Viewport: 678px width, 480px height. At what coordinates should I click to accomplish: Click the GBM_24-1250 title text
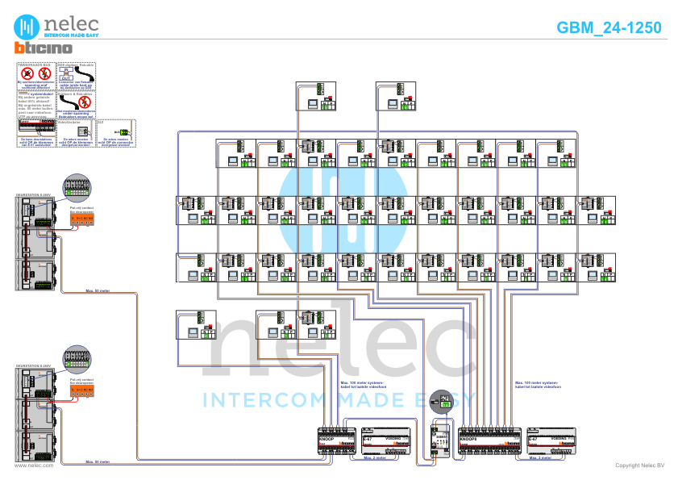point(609,28)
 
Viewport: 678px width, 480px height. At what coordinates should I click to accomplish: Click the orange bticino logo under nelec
point(44,49)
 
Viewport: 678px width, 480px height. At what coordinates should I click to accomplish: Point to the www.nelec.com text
point(34,465)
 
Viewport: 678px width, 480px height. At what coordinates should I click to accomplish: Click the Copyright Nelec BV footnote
point(639,465)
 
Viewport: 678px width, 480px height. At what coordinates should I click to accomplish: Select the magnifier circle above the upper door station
point(77,187)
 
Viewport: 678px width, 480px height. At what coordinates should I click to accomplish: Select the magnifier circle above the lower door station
point(77,359)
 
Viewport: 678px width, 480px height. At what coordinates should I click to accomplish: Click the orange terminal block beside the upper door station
point(83,218)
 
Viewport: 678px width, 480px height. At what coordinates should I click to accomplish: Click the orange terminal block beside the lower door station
point(83,390)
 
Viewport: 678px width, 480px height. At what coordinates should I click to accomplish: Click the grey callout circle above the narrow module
point(442,400)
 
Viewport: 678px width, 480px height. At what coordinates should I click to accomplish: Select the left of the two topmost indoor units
point(316,96)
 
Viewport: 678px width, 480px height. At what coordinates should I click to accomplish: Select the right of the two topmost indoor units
point(397,96)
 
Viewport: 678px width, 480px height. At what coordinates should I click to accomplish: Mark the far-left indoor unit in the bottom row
point(196,324)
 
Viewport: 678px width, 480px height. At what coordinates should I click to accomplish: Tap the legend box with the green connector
point(116,132)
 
